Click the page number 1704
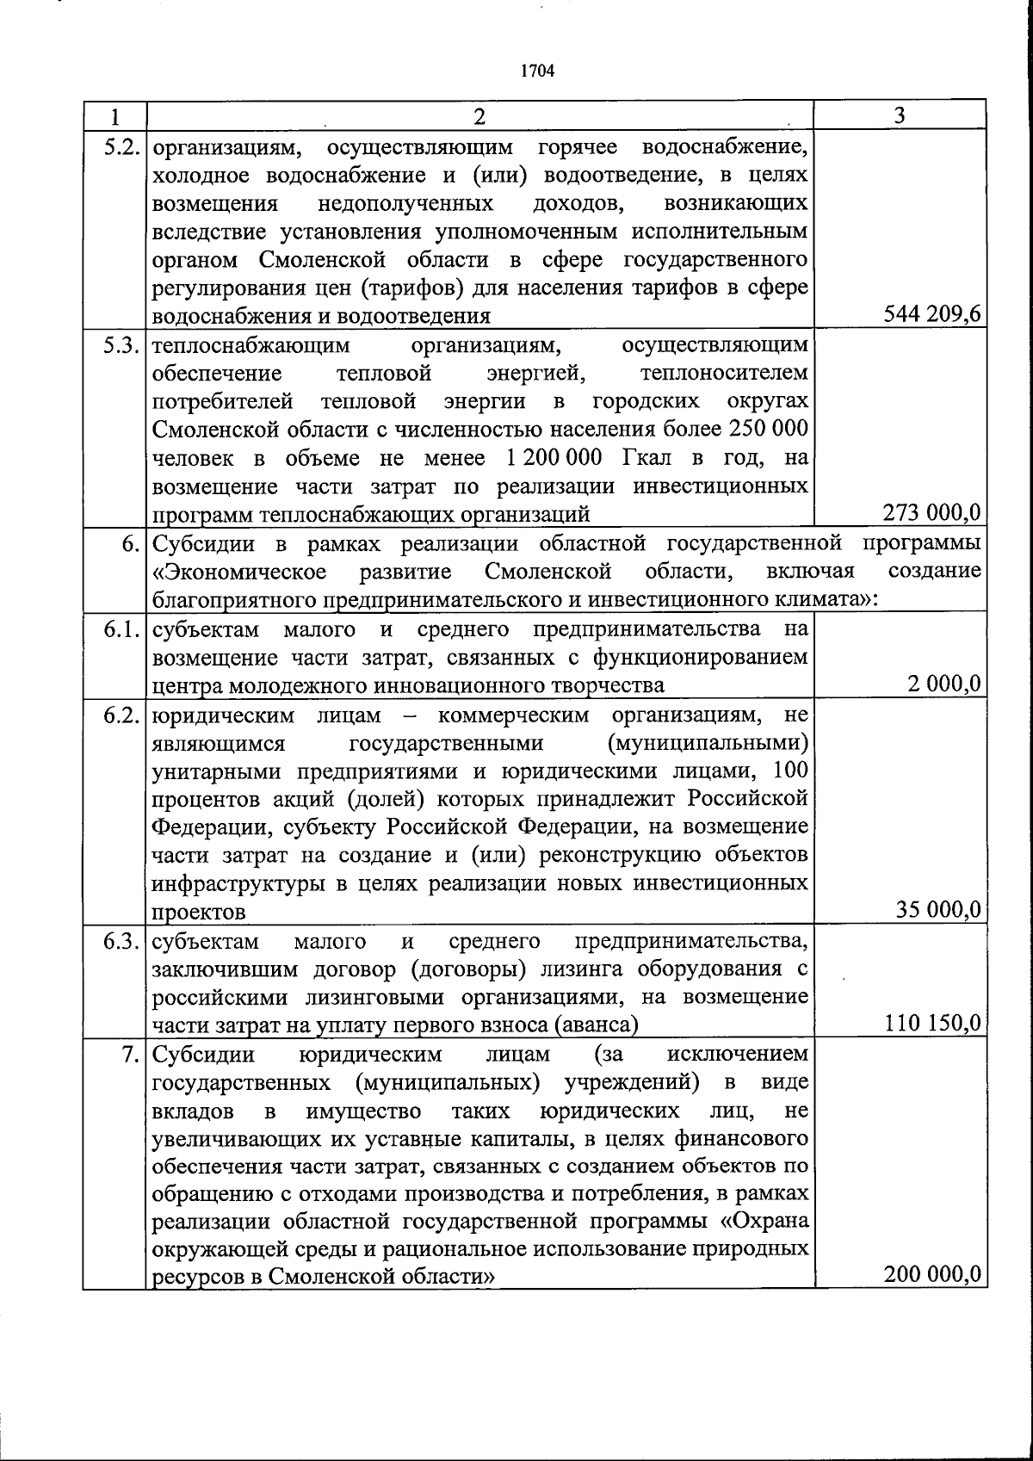click(537, 71)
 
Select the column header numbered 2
click(479, 115)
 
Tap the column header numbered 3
click(899, 115)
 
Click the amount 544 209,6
click(932, 315)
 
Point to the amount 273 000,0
click(932, 513)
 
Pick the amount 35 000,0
click(938, 910)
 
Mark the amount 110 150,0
click(932, 1023)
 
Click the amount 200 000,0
click(932, 1275)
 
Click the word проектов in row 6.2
click(199, 911)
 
